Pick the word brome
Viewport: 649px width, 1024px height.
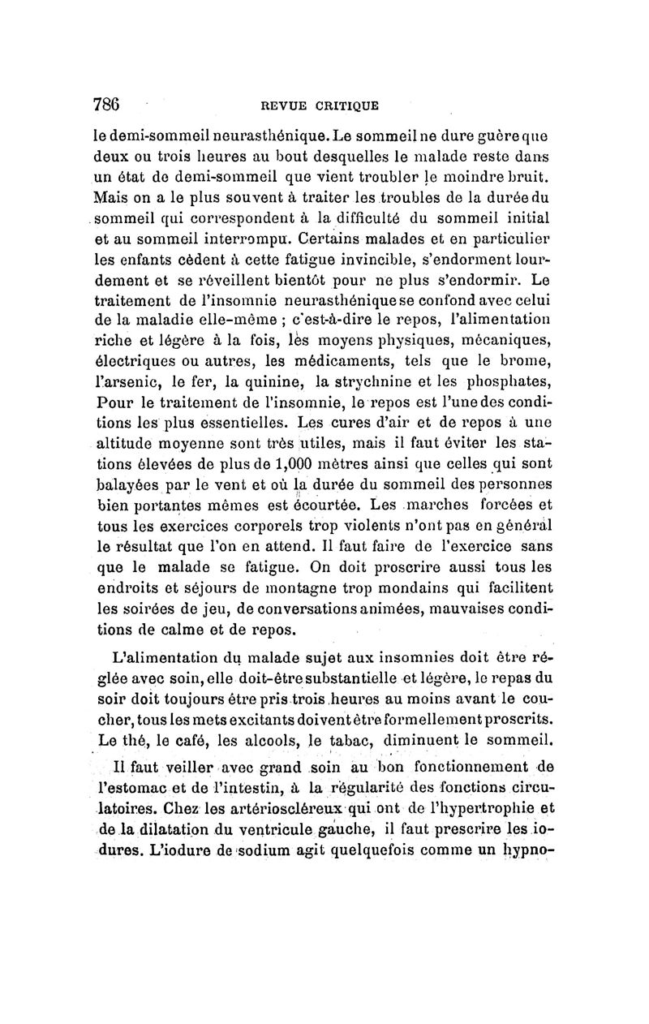tap(528, 358)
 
